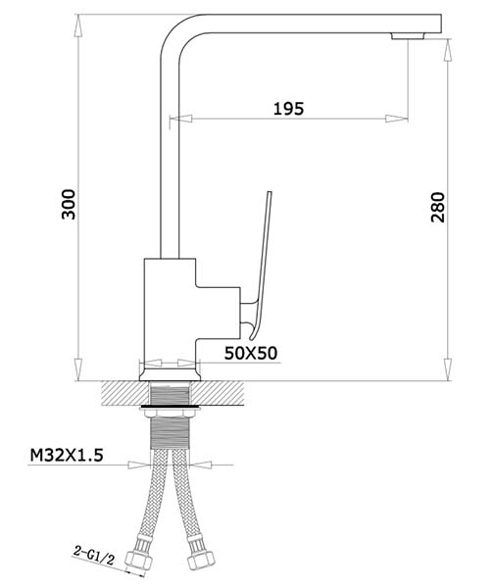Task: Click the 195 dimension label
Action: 288,109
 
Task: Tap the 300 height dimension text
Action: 69,205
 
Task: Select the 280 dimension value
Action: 437,208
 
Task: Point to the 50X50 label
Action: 251,353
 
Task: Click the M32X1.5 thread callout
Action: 67,456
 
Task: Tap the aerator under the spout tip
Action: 408,36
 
